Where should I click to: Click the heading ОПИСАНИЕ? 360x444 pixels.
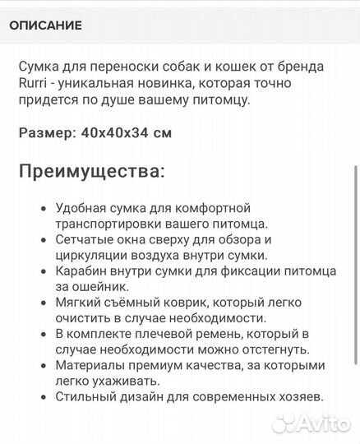point(45,25)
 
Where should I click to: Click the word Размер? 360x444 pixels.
point(45,132)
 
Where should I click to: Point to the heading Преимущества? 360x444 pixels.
point(91,173)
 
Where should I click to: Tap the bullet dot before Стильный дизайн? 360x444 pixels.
point(43,396)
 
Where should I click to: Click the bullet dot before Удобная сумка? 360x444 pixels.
point(43,209)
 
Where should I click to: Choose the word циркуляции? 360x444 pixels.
point(94,255)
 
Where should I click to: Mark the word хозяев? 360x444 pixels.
point(299,395)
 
